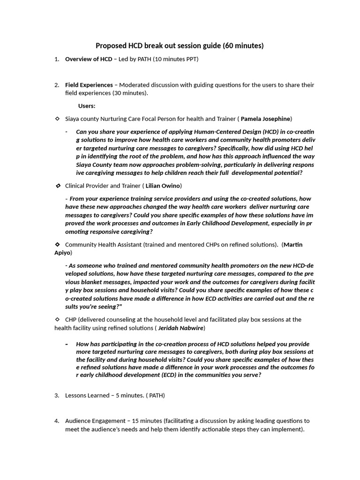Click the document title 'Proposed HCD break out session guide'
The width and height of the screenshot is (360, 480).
(159, 45)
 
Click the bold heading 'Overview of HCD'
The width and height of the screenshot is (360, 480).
(89, 59)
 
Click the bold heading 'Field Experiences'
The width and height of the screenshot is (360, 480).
(89, 85)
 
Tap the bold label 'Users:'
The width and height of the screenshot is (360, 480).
(86, 106)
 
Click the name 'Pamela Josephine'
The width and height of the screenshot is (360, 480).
(265, 119)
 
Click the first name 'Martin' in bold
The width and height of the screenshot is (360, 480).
(293, 244)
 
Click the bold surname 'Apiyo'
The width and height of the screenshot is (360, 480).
(62, 253)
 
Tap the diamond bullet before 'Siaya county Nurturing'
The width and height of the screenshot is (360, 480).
(57, 119)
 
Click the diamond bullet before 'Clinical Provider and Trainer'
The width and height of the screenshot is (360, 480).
(58, 186)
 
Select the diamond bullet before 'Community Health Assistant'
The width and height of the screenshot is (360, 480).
(57, 244)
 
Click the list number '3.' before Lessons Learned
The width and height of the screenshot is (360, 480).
(57, 395)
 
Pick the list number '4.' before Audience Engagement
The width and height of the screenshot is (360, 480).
(57, 420)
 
